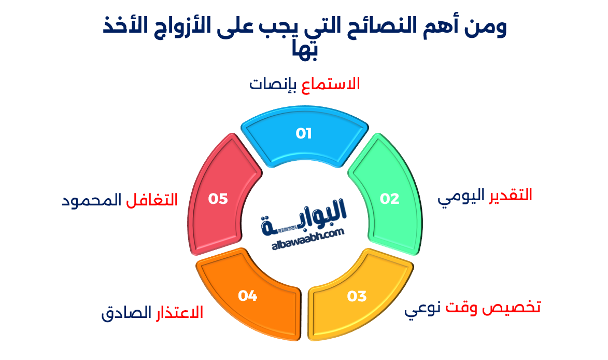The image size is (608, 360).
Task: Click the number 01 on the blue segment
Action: (x=304, y=134)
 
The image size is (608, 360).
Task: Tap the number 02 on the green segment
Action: (x=390, y=199)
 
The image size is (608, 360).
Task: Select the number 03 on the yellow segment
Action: (x=357, y=296)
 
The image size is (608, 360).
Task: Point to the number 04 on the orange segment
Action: (x=248, y=296)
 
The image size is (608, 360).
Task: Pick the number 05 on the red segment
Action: (x=218, y=199)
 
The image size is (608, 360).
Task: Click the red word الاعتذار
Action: (x=179, y=313)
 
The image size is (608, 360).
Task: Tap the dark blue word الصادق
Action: (x=125, y=314)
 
